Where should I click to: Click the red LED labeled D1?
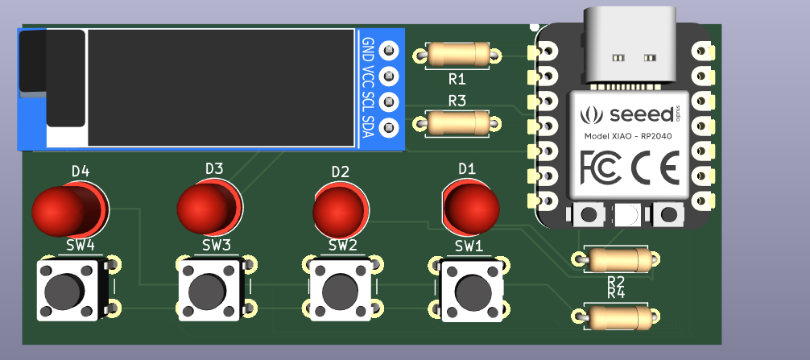click(470, 205)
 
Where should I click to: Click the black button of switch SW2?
click(341, 288)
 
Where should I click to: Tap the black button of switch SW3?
click(209, 288)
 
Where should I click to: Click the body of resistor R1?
click(457, 54)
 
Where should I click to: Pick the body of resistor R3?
click(457, 123)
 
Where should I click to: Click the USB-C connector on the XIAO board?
click(631, 45)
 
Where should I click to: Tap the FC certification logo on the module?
click(600, 167)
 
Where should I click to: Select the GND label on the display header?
click(368, 49)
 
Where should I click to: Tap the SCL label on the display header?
click(368, 102)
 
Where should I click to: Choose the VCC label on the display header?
click(368, 77)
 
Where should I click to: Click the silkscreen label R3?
click(457, 101)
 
